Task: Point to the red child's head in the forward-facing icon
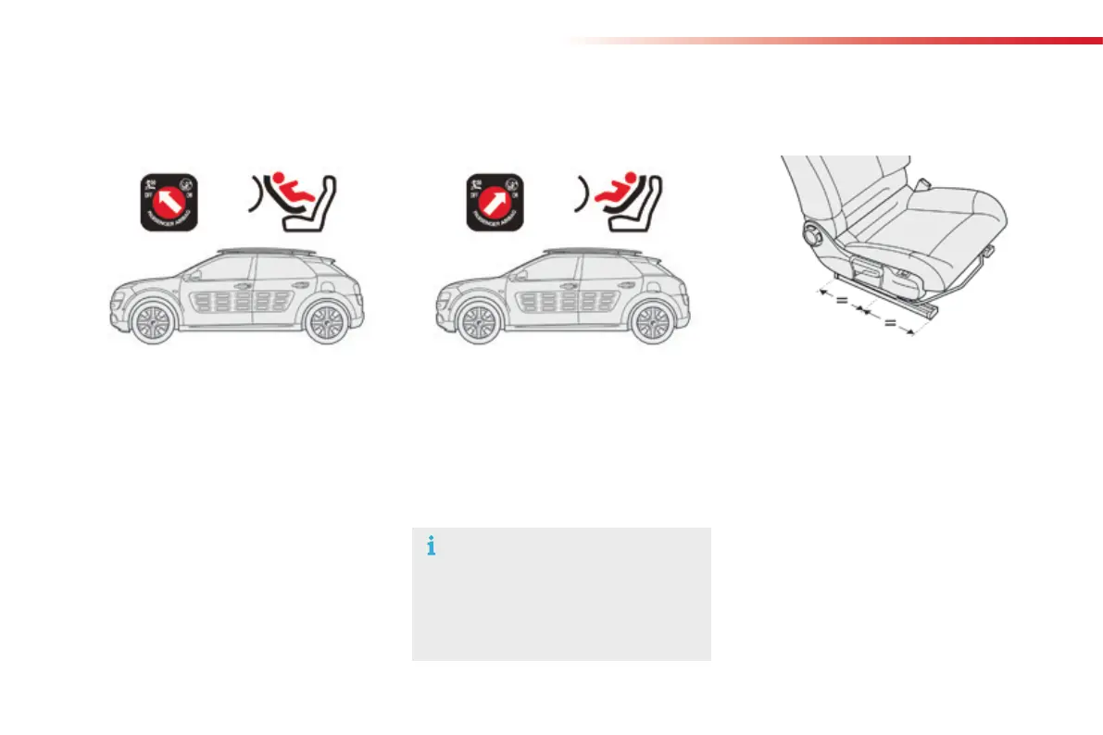(634, 178)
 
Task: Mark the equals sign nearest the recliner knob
(841, 300)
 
